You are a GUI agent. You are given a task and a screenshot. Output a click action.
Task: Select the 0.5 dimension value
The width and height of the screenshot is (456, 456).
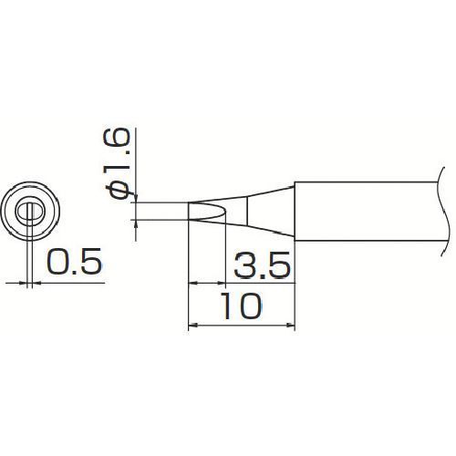pos(74,262)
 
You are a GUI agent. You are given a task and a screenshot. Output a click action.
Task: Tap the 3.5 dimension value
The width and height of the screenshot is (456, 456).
pos(262,264)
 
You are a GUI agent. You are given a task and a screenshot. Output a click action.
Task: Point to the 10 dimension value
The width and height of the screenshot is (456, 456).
pos(242,306)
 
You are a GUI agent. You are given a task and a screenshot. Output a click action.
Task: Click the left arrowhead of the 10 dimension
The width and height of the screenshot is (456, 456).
pos(193,326)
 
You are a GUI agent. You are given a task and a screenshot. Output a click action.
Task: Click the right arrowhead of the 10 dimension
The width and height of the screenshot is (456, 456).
pos(290,326)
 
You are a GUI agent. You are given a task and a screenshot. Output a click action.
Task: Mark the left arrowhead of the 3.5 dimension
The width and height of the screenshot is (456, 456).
pos(193,283)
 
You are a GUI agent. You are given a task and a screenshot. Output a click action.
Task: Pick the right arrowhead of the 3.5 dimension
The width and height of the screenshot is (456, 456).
pos(221,283)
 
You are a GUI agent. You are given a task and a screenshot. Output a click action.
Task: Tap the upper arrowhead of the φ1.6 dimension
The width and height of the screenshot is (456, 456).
pos(136,198)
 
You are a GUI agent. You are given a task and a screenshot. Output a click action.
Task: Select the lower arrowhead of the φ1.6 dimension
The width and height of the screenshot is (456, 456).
pos(136,224)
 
